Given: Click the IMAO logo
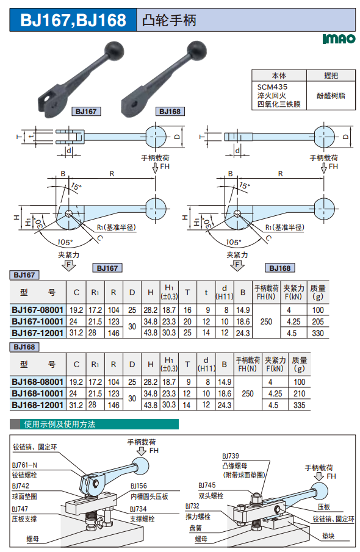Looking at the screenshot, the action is click(x=339, y=38).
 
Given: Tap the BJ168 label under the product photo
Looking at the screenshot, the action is click(x=170, y=112).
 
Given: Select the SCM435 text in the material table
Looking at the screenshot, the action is click(x=272, y=87).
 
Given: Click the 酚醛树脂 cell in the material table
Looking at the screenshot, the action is click(x=331, y=95).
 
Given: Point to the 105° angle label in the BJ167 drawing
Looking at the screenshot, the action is click(x=65, y=242).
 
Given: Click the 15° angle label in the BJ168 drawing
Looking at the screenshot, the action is click(x=244, y=185).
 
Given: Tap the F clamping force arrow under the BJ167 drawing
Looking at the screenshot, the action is click(x=69, y=265).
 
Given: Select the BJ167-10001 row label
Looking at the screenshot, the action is click(x=37, y=321).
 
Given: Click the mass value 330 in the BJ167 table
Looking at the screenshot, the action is click(x=318, y=333).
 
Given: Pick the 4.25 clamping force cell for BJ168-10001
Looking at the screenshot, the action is click(x=275, y=393).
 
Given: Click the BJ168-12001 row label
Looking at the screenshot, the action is click(x=37, y=405).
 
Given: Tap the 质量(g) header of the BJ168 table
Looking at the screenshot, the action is click(x=299, y=364).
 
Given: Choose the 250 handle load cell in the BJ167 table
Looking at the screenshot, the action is click(x=266, y=321).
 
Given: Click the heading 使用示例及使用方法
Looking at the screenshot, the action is click(x=60, y=424).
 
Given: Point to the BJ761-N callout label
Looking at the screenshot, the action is click(x=24, y=465).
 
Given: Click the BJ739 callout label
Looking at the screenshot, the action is click(x=231, y=456).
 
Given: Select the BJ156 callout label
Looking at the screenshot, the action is click(x=139, y=486).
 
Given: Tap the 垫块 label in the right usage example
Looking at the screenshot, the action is click(x=328, y=536).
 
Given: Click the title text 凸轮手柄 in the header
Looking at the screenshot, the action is click(x=169, y=20).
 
